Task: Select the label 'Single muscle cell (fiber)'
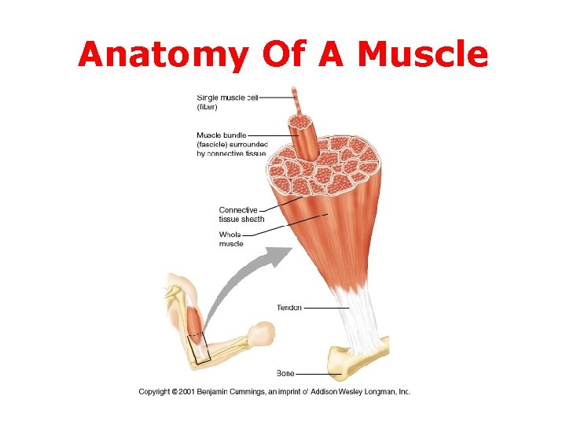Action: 226,102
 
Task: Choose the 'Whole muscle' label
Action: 231,239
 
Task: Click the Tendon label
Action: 289,307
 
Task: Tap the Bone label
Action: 285,372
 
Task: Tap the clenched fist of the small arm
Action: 263,334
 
